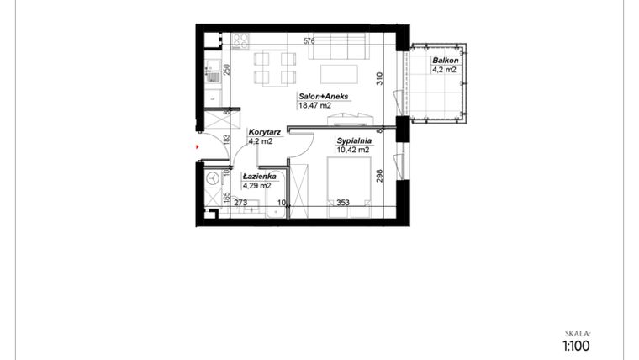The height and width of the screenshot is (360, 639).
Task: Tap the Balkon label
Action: coord(444,61)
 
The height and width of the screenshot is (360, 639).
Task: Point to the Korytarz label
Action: coord(264,133)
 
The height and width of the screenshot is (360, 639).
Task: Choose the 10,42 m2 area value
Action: coord(353,150)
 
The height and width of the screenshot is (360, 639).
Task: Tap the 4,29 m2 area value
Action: coord(257,185)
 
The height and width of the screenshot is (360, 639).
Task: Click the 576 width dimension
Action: coord(309,40)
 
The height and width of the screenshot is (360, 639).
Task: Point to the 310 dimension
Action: coord(380,80)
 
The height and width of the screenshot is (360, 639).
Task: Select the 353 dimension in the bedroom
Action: coord(342,202)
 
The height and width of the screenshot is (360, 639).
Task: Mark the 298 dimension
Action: coord(380,176)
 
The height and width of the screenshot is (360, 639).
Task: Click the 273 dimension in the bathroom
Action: coord(240,202)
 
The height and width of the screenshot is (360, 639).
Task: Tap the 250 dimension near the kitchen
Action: coord(226,70)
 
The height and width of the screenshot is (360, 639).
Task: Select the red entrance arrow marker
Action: coord(198,147)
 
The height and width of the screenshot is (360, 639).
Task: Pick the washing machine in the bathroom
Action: coord(214,178)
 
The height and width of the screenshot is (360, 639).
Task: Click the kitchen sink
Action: coord(214,76)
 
